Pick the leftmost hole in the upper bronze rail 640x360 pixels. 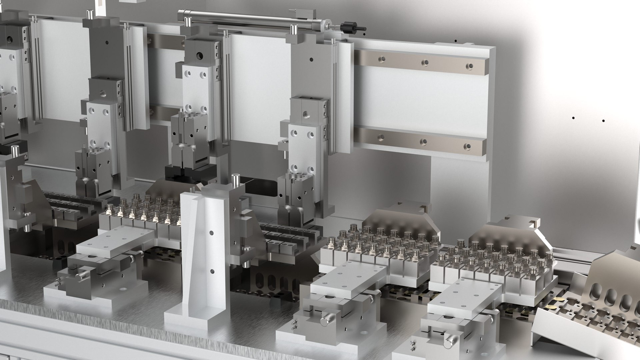381,59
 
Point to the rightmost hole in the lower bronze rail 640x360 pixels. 467,146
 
